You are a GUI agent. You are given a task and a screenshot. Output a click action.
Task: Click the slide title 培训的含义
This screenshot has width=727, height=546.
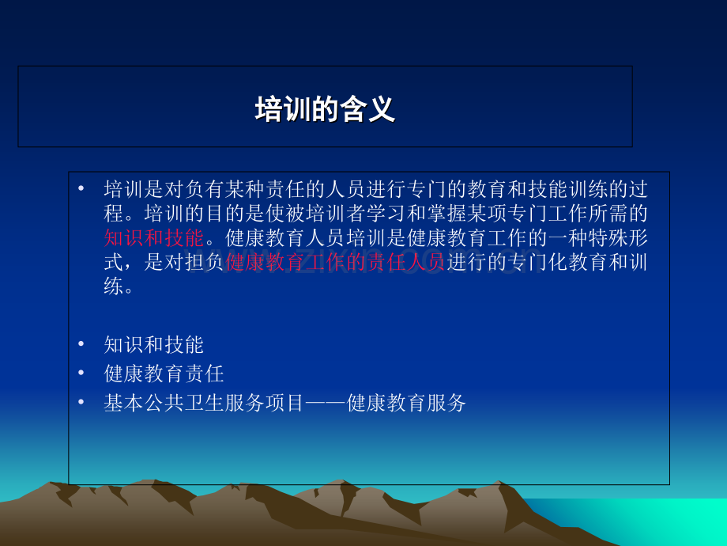click(x=325, y=109)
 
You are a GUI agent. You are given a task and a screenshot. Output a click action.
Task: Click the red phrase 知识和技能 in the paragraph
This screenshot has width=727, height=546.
click(x=154, y=237)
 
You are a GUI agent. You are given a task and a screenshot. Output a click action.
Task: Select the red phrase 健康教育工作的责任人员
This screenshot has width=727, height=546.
click(x=335, y=262)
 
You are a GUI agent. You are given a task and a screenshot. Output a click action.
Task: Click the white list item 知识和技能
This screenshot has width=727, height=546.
click(x=154, y=345)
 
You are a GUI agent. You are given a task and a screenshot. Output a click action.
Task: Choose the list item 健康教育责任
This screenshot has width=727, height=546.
click(x=164, y=373)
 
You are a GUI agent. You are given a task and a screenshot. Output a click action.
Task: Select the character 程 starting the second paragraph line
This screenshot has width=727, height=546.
click(x=114, y=213)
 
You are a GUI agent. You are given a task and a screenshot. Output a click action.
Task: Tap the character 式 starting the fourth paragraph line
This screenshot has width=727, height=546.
click(x=114, y=262)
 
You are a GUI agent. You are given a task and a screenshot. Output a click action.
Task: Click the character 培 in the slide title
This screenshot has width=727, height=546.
click(x=269, y=109)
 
